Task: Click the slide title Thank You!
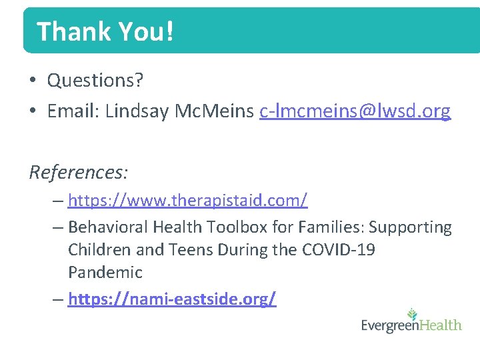(105, 31)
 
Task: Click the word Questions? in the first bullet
(95, 81)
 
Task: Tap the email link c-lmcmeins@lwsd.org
(355, 111)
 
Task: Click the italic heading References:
(79, 172)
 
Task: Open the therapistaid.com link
(187, 199)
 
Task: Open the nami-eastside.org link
(172, 299)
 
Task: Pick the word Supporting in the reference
(410, 227)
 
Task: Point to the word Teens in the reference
(185, 250)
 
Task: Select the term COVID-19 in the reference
(338, 250)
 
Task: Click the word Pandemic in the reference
(105, 273)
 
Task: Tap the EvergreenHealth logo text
(411, 326)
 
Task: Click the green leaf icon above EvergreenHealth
(413, 312)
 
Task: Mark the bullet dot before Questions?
(33, 81)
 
